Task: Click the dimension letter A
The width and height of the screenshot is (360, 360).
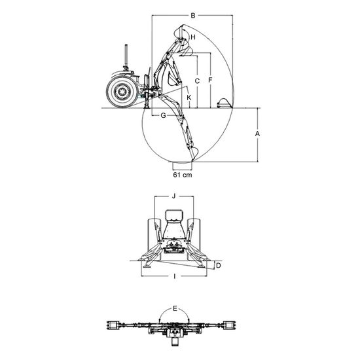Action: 257,134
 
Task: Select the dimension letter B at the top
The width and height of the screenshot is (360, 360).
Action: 193,16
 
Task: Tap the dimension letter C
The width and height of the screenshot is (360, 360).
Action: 197,81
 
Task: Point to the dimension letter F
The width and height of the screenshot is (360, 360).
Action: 210,81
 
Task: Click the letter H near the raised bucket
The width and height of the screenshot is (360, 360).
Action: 193,37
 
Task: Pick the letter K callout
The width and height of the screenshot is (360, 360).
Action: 189,98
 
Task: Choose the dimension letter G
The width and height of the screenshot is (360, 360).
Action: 163,115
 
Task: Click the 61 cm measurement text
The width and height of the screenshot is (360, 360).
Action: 183,175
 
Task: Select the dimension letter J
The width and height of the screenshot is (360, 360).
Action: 174,196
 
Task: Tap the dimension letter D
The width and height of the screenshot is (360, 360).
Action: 219,266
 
